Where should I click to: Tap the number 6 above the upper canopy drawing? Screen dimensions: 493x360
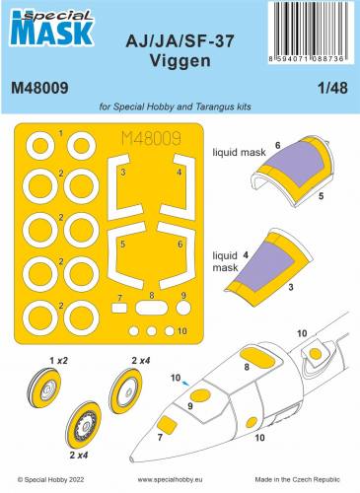(x=277, y=144)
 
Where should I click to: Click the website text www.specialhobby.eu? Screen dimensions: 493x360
(x=180, y=483)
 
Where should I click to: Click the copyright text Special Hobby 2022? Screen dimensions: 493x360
(x=51, y=483)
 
